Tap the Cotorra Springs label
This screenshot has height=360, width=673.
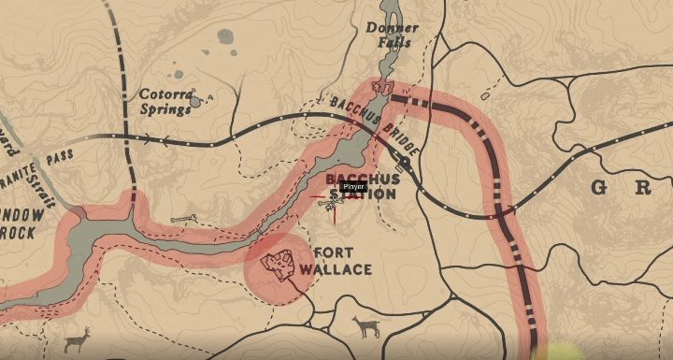click(165, 101)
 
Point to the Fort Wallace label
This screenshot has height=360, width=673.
click(342, 261)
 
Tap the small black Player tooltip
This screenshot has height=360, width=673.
click(352, 187)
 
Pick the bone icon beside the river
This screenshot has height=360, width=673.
click(182, 219)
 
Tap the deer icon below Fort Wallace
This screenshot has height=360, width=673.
click(365, 326)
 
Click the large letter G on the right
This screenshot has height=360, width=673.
click(599, 188)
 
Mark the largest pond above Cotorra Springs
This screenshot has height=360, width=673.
click(225, 37)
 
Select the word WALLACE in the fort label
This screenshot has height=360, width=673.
click(342, 269)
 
